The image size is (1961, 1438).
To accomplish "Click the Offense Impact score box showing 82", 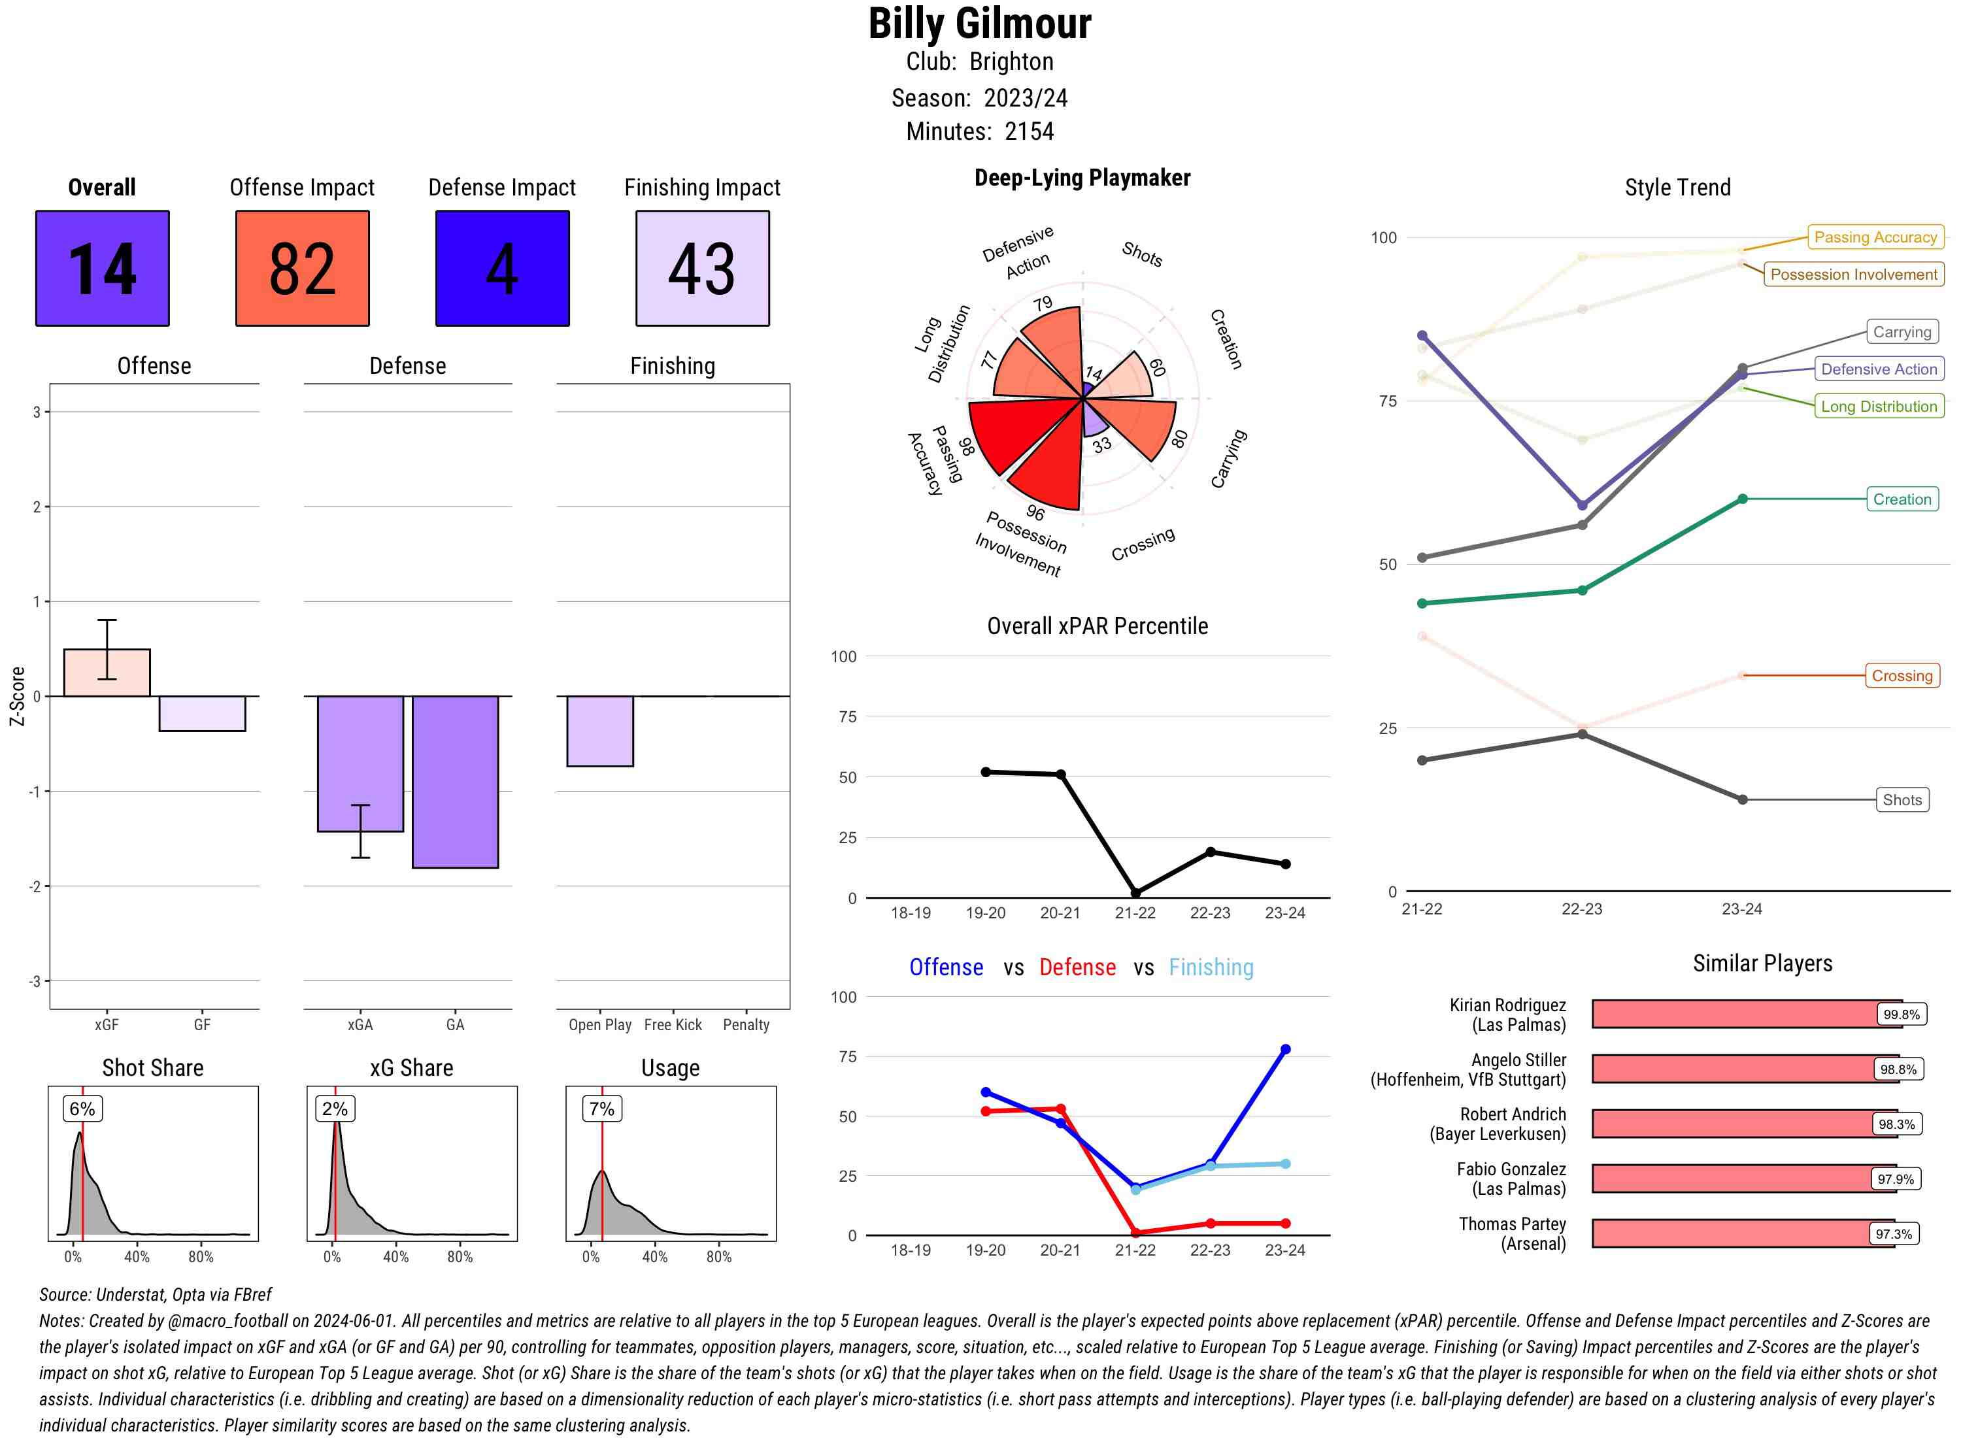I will click(x=302, y=268).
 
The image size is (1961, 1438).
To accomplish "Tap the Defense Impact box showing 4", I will click(x=502, y=268).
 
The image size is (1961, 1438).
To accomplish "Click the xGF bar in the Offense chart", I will click(x=107, y=673).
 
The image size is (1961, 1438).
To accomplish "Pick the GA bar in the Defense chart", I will click(x=455, y=781).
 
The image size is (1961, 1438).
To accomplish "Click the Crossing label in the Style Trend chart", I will click(x=1902, y=675).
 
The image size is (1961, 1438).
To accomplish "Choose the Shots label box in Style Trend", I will click(x=1902, y=800).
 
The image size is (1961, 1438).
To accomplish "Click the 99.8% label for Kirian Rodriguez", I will click(x=1901, y=1014).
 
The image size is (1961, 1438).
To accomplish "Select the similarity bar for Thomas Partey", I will click(x=1741, y=1233).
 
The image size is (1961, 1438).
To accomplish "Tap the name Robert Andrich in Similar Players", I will click(x=1513, y=1114).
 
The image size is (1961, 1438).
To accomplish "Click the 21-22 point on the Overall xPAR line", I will click(x=1135, y=893).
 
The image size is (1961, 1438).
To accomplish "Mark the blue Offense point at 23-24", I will click(x=1286, y=1050).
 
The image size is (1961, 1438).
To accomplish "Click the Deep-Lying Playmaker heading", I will click(x=1082, y=178).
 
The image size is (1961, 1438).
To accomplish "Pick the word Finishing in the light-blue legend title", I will click(x=1211, y=967).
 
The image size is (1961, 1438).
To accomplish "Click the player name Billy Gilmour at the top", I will click(x=979, y=24).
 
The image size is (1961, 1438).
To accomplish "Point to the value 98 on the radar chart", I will click(x=966, y=446).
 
